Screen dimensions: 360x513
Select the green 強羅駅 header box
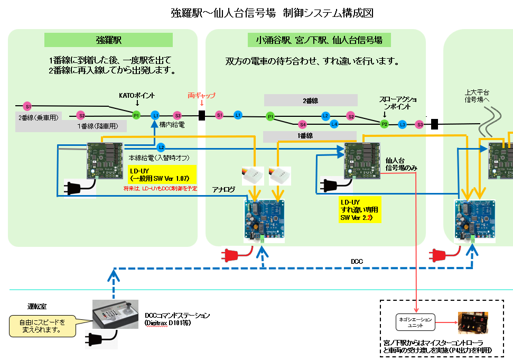(109, 40)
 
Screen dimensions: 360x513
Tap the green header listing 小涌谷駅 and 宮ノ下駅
(319, 40)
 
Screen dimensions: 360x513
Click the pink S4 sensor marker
(303, 125)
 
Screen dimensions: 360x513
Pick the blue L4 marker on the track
(334, 125)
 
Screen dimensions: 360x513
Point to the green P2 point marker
(384, 124)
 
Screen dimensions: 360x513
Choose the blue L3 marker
(403, 125)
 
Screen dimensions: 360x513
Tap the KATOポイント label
(137, 96)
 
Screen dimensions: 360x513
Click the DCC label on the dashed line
(357, 261)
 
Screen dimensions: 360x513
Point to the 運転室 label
(36, 306)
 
